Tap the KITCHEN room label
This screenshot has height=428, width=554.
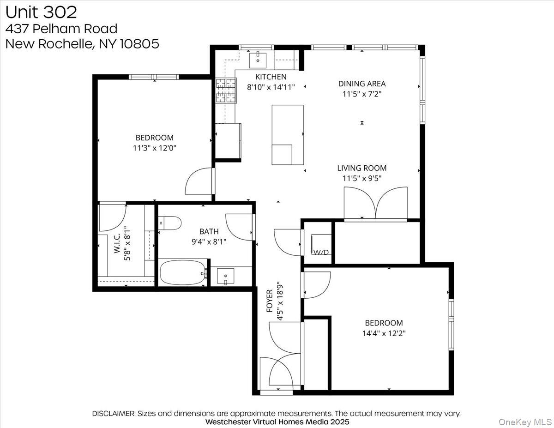[271, 77]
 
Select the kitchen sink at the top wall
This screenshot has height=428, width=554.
[258, 59]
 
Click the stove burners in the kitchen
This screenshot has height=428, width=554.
[225, 90]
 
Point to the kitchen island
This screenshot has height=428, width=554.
[288, 134]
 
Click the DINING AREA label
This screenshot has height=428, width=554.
[361, 84]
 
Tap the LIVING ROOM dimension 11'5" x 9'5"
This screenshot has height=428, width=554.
[361, 178]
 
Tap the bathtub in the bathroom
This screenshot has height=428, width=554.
[182, 273]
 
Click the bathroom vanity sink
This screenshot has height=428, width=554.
[225, 276]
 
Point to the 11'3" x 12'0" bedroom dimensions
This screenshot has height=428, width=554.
[154, 148]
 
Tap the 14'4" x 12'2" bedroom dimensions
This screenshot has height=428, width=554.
[384, 333]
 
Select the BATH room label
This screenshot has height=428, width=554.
[209, 231]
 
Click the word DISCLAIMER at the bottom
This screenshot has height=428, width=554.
[114, 414]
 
